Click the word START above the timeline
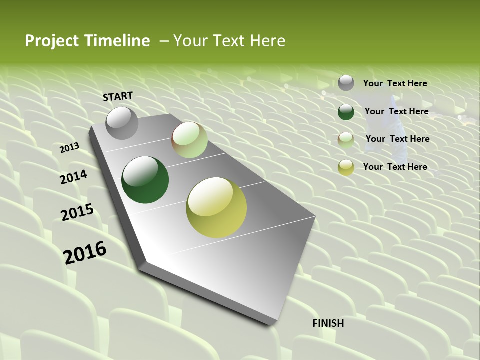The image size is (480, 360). click(118, 96)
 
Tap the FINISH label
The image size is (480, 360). click(328, 323)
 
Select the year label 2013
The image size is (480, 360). click(69, 148)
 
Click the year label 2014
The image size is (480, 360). click(74, 177)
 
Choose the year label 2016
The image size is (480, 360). click(85, 253)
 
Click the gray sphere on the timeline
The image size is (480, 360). click(122, 123)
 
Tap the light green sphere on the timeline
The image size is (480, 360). click(189, 140)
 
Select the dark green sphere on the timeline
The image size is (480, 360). click(145, 180)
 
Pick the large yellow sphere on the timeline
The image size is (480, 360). click(216, 207)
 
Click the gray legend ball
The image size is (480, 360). click(346, 83)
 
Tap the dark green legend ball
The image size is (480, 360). click(346, 112)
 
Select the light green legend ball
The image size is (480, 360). click(346, 139)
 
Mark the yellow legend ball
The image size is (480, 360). click(346, 167)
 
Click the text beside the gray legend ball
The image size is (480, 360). click(395, 83)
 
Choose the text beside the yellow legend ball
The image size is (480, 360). click(395, 167)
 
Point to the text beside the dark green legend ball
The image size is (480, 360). click(396, 111)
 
